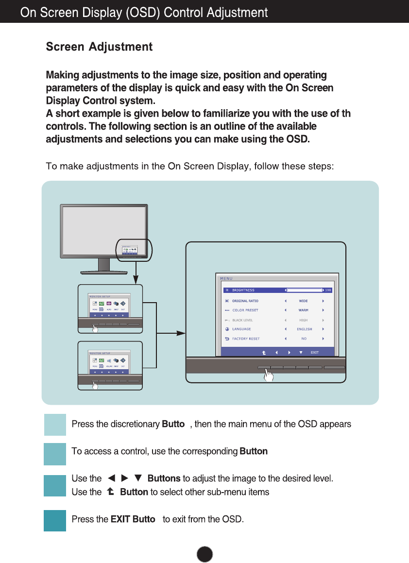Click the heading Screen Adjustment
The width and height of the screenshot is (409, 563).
[x=99, y=47]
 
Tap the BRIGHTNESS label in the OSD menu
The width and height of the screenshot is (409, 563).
[x=243, y=290]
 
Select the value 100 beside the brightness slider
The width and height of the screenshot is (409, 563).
[x=328, y=290]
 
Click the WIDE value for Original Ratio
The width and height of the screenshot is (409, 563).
[x=303, y=301]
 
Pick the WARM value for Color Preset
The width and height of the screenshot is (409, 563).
[x=303, y=310]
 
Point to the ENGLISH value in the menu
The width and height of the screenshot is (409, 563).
[x=305, y=329]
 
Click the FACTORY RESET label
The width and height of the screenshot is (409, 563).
[x=246, y=339]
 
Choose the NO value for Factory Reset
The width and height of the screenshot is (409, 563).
[x=304, y=339]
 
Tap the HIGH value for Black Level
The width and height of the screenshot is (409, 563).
[x=303, y=320]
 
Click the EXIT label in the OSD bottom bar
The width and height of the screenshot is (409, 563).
[x=314, y=352]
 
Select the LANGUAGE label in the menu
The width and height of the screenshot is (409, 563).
[x=241, y=329]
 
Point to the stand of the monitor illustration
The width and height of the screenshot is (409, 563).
[x=103, y=266]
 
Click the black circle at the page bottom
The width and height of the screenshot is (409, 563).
[x=205, y=554]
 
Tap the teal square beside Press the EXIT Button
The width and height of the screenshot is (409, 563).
[x=55, y=520]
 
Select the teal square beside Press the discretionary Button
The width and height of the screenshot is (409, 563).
[x=55, y=425]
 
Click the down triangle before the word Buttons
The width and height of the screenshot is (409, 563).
[x=137, y=479]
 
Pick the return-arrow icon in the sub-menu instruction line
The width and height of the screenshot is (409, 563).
[x=110, y=492]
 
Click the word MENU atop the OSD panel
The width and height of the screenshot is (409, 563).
[x=226, y=278]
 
